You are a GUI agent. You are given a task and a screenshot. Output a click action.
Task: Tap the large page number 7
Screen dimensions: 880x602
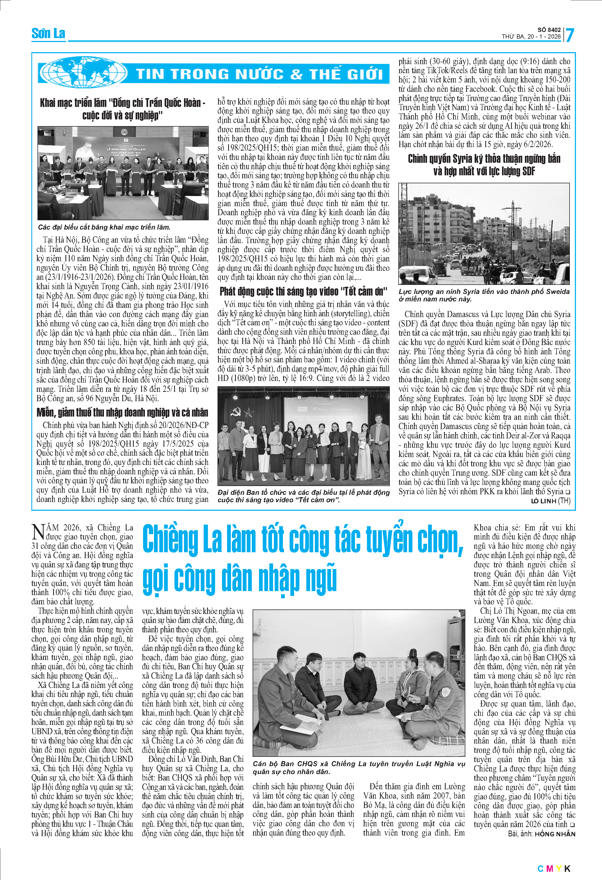tap(570, 35)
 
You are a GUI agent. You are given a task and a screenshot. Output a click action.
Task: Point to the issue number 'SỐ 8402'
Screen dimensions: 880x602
tap(549, 30)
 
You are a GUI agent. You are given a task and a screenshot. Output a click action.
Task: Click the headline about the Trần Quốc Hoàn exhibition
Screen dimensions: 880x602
tap(123, 109)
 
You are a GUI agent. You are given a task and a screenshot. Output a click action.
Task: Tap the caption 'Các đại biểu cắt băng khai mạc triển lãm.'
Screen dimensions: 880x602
tap(104, 227)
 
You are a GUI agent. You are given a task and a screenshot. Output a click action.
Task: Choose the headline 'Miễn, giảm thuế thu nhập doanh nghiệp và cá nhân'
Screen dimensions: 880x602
tap(123, 412)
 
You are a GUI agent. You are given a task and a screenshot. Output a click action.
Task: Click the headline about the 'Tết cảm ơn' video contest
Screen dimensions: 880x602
tap(303, 291)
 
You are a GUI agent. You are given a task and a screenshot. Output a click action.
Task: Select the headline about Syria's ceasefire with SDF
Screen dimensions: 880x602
tap(484, 165)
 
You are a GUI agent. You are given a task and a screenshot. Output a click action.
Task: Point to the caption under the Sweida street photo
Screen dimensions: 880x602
tap(484, 295)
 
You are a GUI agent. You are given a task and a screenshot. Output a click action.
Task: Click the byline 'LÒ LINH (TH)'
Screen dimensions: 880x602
tap(550, 501)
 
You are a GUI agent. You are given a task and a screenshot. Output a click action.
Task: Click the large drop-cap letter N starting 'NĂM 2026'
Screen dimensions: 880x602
tap(38, 531)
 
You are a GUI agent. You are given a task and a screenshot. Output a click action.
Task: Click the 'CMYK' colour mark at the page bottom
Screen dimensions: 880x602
tap(554, 869)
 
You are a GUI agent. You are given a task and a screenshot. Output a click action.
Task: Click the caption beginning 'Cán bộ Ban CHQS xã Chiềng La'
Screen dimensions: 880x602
tap(358, 767)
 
